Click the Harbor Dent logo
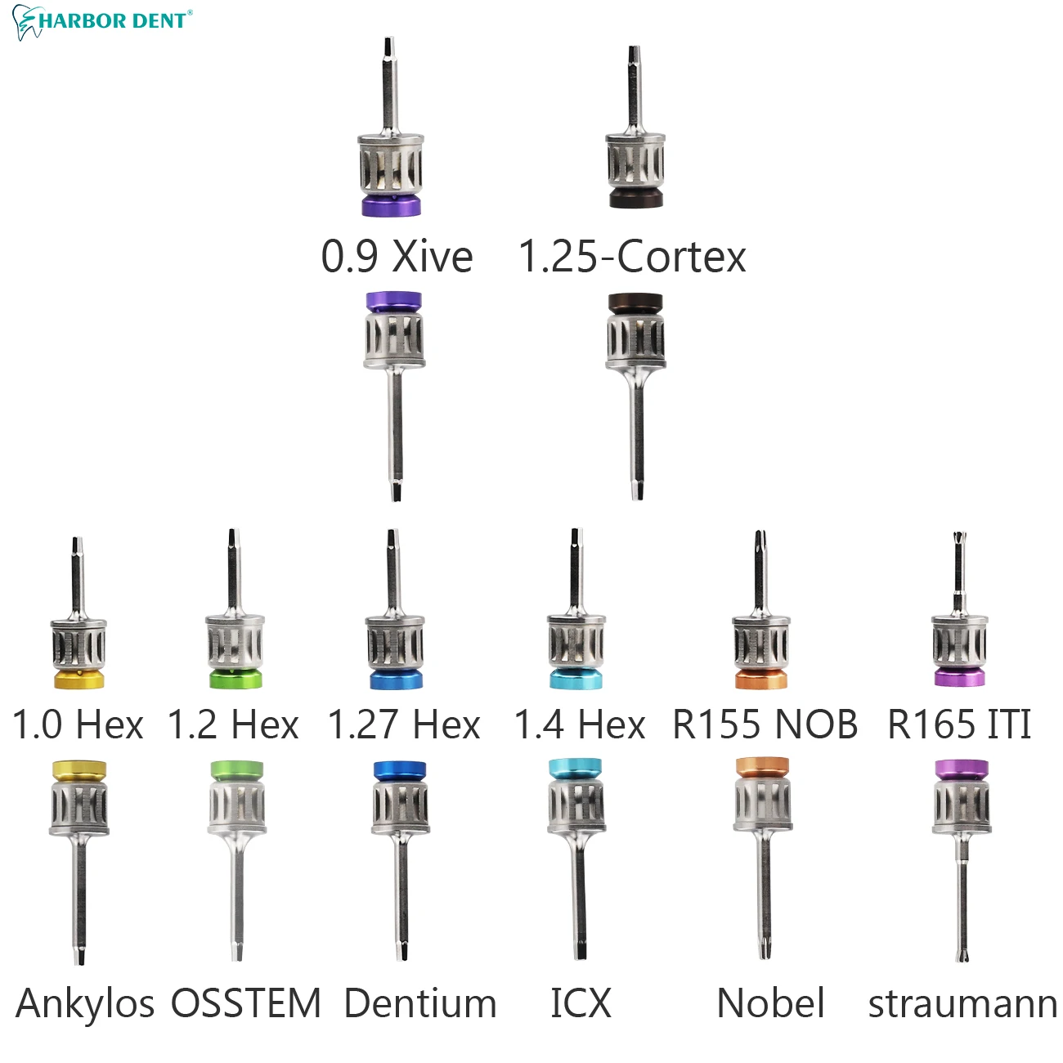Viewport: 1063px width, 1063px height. (x=103, y=21)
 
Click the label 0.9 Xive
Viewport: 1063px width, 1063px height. (x=397, y=257)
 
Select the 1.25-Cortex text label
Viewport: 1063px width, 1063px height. (x=632, y=257)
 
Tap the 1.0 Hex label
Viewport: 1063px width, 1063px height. (x=78, y=724)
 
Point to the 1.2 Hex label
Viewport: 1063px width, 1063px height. (x=233, y=724)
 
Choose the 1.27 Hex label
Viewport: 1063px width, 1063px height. (x=404, y=724)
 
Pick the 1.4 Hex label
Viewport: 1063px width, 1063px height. (x=580, y=724)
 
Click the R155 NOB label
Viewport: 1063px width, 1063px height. (x=765, y=724)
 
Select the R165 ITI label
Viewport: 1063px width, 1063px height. (x=959, y=724)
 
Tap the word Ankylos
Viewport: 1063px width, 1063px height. (x=85, y=1004)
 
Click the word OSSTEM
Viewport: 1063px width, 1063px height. (x=246, y=1004)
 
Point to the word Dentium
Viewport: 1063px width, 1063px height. (x=420, y=1004)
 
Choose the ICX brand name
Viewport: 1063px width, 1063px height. (x=581, y=1004)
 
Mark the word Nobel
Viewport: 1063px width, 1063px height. (x=770, y=1004)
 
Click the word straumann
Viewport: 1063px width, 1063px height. (x=962, y=1004)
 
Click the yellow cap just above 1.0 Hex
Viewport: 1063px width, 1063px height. (x=78, y=679)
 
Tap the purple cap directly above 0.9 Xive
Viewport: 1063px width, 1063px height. (x=392, y=204)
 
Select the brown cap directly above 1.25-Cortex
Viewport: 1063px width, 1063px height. (x=635, y=198)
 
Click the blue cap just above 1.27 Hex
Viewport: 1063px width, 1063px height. (x=396, y=679)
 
